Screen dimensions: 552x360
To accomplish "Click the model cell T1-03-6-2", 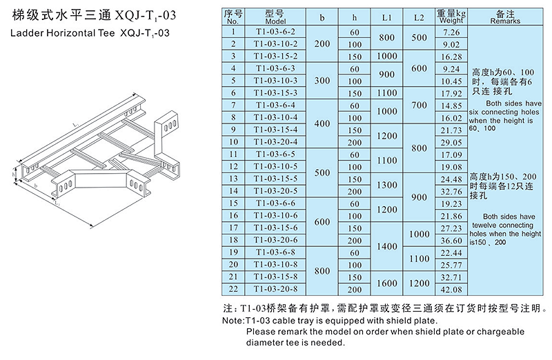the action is (x=275, y=32).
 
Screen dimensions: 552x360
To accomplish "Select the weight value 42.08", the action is (x=451, y=289).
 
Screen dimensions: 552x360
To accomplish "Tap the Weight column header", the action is (x=451, y=17).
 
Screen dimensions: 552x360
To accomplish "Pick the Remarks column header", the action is (x=505, y=17).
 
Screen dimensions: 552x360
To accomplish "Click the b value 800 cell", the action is (x=322, y=270).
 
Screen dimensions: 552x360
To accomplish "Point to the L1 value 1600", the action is (x=387, y=283).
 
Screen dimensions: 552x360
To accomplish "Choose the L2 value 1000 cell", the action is (x=419, y=234).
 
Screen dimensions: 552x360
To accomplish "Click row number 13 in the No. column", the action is (x=233, y=179).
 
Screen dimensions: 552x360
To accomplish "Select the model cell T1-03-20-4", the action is (x=275, y=142).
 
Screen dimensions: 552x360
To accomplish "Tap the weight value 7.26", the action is (x=451, y=32).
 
